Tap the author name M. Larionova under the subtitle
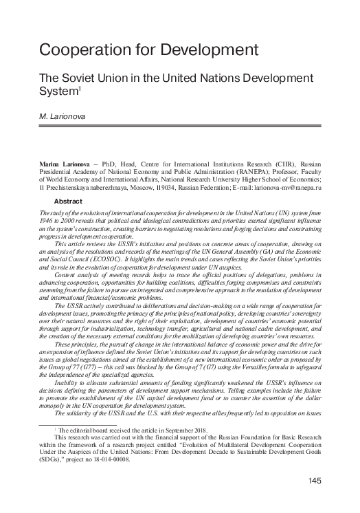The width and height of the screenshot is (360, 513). click(63, 118)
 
